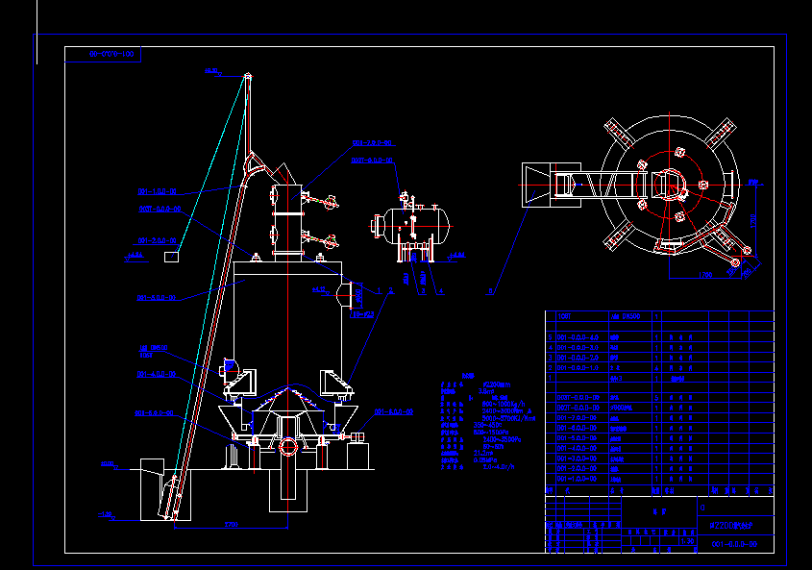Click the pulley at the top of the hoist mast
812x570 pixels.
pos(247,77)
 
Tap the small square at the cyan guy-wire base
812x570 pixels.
pos(171,256)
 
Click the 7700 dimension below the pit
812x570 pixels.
pos(231,525)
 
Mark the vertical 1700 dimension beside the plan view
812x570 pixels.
pos(754,218)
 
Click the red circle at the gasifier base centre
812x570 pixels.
pos(289,445)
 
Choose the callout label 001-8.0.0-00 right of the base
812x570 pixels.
pos(394,411)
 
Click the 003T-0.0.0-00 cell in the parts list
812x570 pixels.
pos(577,398)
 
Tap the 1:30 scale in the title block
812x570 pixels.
pos(688,542)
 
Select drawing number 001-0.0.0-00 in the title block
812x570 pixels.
pos(735,544)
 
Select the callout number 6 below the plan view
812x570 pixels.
pos(490,289)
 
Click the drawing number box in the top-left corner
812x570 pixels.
pos(104,55)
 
